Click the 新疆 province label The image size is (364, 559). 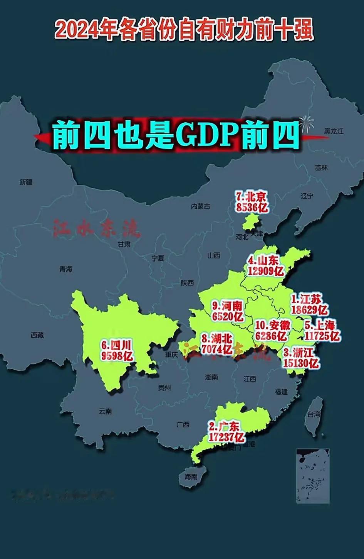click(26, 182)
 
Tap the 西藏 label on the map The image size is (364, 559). click(37, 335)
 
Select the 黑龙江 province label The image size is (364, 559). click(334, 131)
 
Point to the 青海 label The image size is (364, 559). click(66, 269)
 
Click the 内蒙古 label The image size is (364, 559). click(201, 206)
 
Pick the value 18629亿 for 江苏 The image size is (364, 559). click(309, 309)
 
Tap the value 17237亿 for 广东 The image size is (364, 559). click(226, 437)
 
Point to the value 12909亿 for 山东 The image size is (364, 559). click(266, 271)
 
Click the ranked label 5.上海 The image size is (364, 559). click(320, 325)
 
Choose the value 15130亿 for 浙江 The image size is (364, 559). click(300, 363)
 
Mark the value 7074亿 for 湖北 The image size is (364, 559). click(217, 350)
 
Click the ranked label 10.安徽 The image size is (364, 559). click(272, 325)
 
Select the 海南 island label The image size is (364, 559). click(191, 477)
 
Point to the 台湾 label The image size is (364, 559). click(313, 415)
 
